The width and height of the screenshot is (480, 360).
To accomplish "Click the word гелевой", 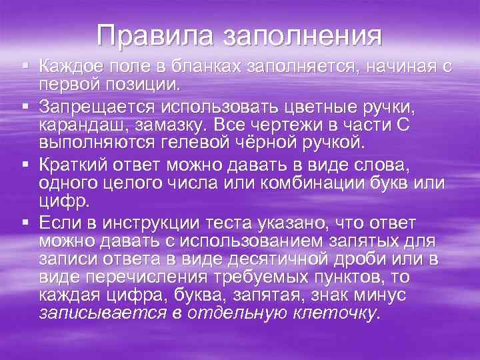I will (x=199, y=143).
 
